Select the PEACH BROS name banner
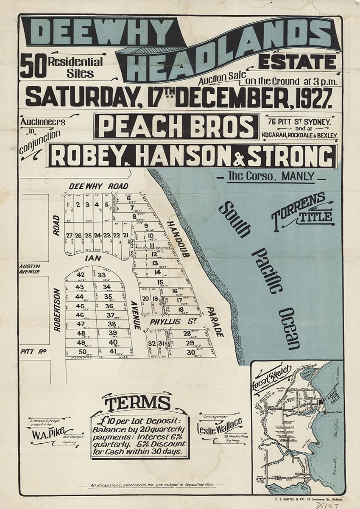click(x=176, y=126)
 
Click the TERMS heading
click(x=138, y=403)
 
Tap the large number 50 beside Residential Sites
click(x=33, y=67)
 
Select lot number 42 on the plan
click(x=80, y=275)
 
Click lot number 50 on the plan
click(x=82, y=351)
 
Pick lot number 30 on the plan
click(x=190, y=352)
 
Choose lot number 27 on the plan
click(x=69, y=235)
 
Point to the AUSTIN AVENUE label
click(x=29, y=269)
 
